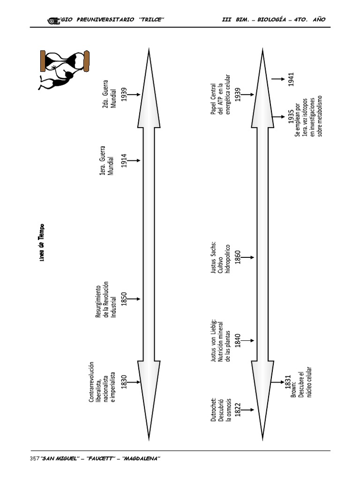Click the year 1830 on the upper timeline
point(124,382)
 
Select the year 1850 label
point(124,299)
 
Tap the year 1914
point(124,160)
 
